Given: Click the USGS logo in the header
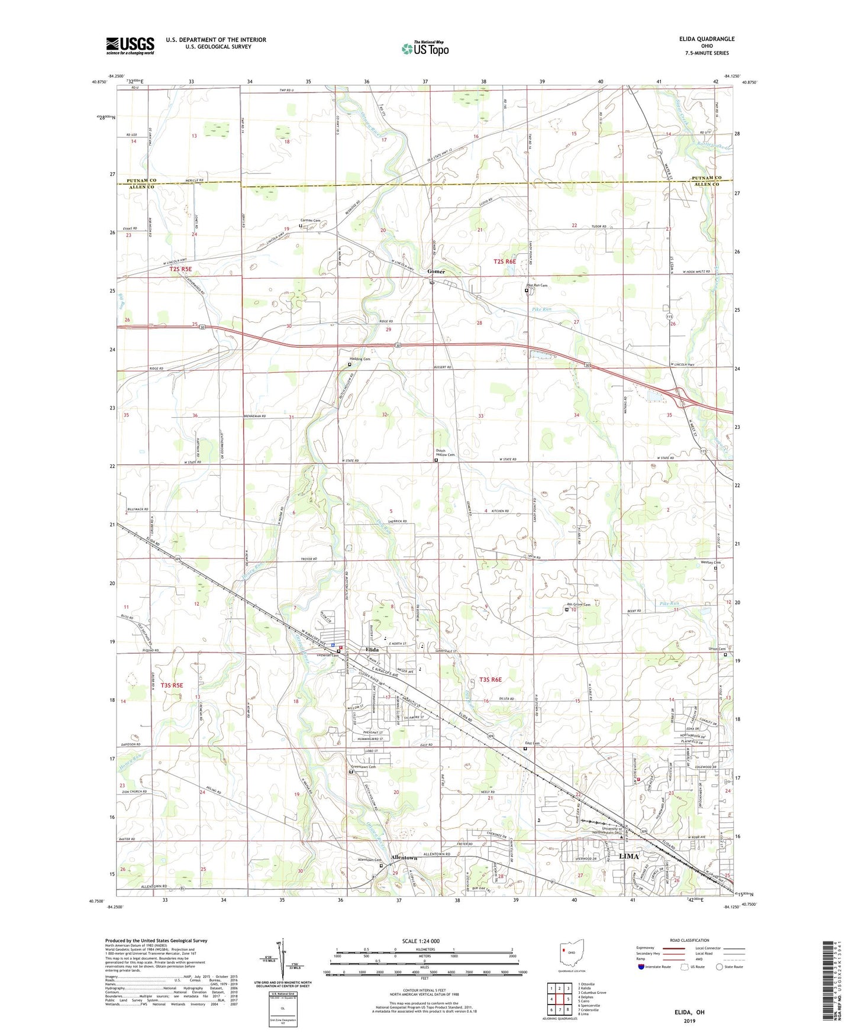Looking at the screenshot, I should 130,46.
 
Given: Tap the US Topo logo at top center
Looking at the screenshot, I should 425,49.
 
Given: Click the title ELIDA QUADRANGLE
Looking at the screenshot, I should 707,39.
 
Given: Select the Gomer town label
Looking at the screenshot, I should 436,272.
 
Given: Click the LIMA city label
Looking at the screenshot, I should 628,856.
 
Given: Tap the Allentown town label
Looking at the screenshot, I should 404,858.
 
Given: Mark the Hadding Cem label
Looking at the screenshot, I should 359,359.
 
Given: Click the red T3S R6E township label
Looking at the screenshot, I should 491,679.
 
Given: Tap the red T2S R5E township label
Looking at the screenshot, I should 180,269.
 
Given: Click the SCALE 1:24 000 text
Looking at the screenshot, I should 420,941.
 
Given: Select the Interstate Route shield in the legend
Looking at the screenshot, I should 643,967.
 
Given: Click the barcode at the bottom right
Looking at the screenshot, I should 829,983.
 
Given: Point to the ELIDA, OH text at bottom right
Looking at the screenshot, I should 689,1012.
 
